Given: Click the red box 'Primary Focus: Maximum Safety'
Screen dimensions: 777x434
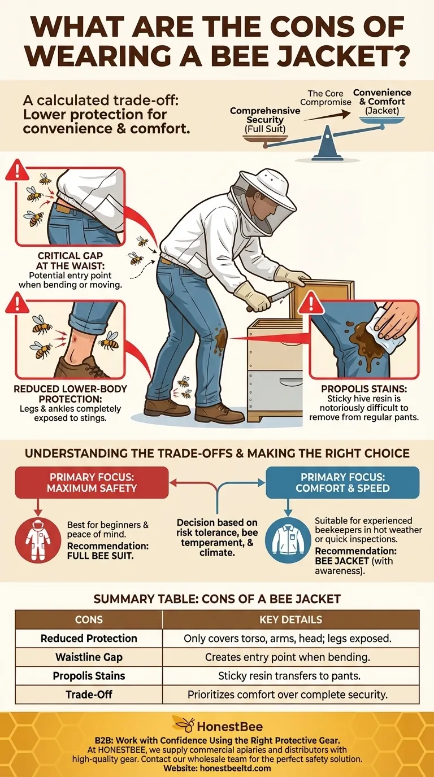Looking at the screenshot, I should point(92,482).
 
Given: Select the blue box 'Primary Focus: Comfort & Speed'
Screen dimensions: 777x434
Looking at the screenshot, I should point(342,482).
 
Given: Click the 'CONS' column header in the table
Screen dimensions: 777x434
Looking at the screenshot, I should point(89,619).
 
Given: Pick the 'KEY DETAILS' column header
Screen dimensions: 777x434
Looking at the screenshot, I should point(290,619).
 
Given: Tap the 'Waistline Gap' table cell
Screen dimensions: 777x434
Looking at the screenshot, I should point(89,657).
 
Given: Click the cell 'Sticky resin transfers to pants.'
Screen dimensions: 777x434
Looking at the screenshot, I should point(290,675).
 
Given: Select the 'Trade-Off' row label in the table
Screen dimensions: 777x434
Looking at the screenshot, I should point(89,694).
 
